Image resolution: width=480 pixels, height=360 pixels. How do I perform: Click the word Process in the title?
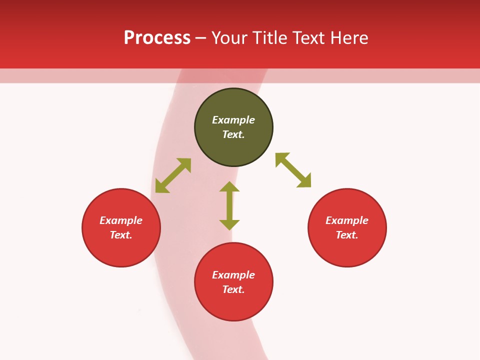click(x=157, y=38)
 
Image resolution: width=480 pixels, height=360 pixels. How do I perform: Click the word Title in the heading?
click(x=269, y=38)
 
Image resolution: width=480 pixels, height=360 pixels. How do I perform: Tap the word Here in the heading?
click(x=348, y=38)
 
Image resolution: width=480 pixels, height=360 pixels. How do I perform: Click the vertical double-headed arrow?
click(x=229, y=205)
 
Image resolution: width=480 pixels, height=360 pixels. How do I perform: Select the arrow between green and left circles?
click(x=173, y=175)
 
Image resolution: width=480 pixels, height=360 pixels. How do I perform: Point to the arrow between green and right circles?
click(x=293, y=170)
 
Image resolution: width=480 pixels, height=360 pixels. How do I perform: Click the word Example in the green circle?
click(x=233, y=120)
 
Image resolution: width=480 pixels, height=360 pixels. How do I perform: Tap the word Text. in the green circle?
click(x=233, y=134)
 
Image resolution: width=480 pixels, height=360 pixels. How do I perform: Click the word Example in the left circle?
click(x=121, y=220)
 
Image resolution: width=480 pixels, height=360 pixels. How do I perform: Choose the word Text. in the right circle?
click(x=347, y=235)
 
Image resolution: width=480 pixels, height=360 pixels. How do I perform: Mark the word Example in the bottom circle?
click(x=233, y=275)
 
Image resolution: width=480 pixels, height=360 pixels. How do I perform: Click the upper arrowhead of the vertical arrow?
click(x=229, y=187)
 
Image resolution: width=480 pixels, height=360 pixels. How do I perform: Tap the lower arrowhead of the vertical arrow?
click(x=229, y=224)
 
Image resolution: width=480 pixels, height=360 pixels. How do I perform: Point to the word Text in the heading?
click(x=308, y=38)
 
